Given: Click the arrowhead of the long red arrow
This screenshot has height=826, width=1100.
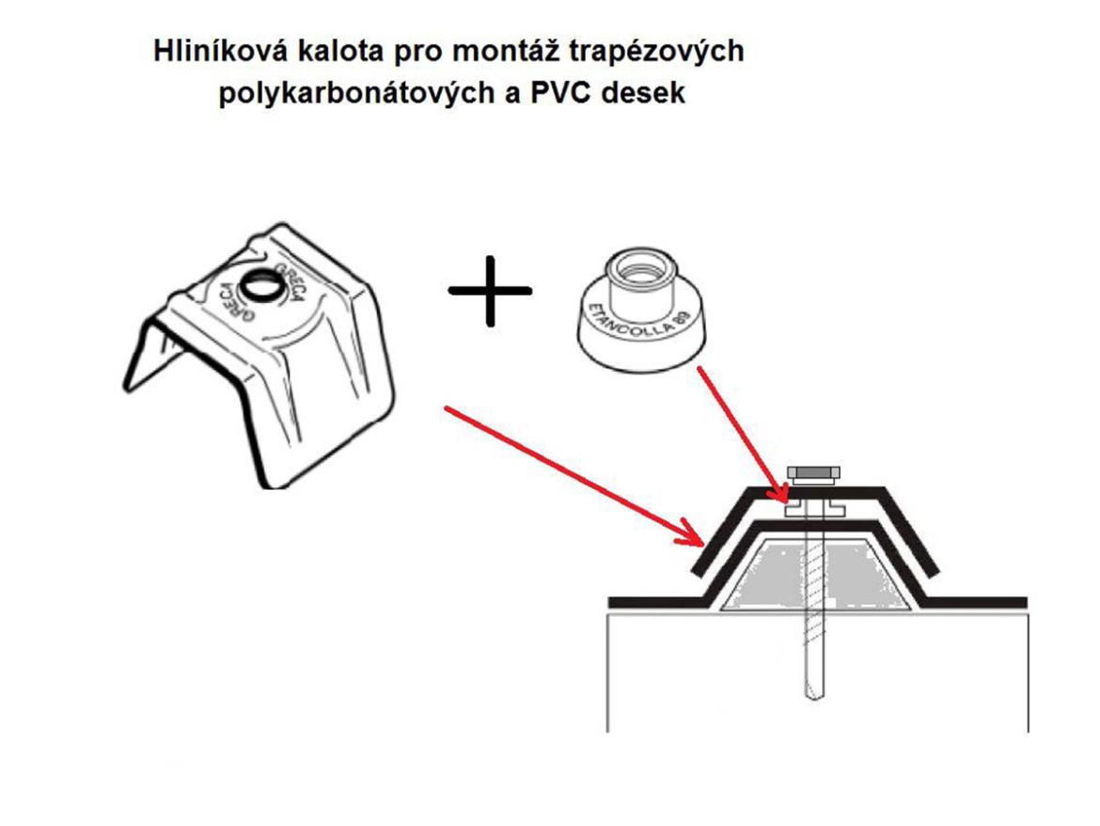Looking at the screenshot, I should pos(693,541).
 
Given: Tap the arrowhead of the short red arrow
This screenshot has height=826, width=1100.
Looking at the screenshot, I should pos(779,495).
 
